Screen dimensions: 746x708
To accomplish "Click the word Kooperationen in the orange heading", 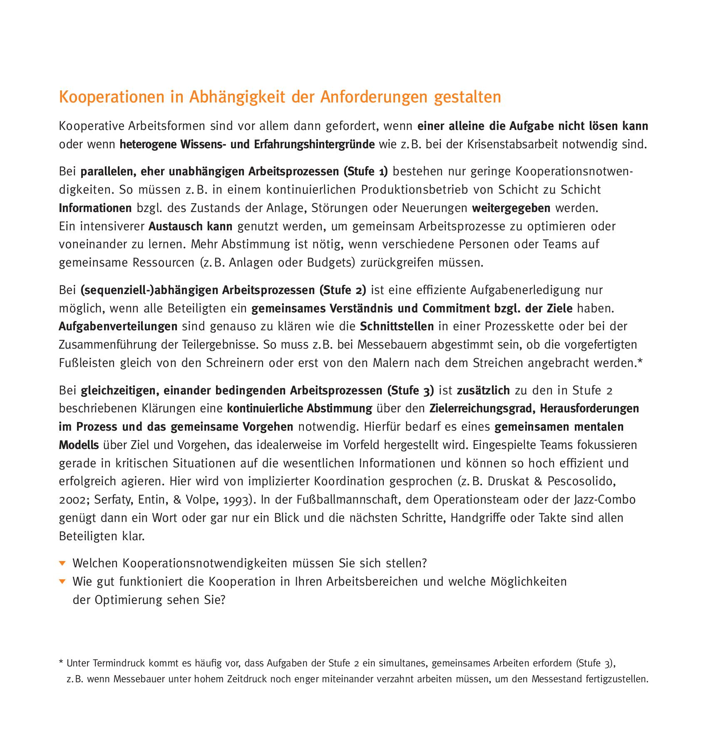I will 112,97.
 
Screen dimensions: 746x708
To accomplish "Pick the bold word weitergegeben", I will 511,208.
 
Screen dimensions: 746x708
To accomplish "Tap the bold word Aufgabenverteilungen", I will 118,327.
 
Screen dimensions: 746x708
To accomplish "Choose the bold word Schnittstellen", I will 397,327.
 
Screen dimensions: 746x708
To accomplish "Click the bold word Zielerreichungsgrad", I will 482,408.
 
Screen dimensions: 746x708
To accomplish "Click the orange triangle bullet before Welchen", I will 62,564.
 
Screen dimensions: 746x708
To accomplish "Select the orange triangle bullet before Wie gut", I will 62,582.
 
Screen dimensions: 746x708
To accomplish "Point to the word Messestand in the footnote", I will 556,679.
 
